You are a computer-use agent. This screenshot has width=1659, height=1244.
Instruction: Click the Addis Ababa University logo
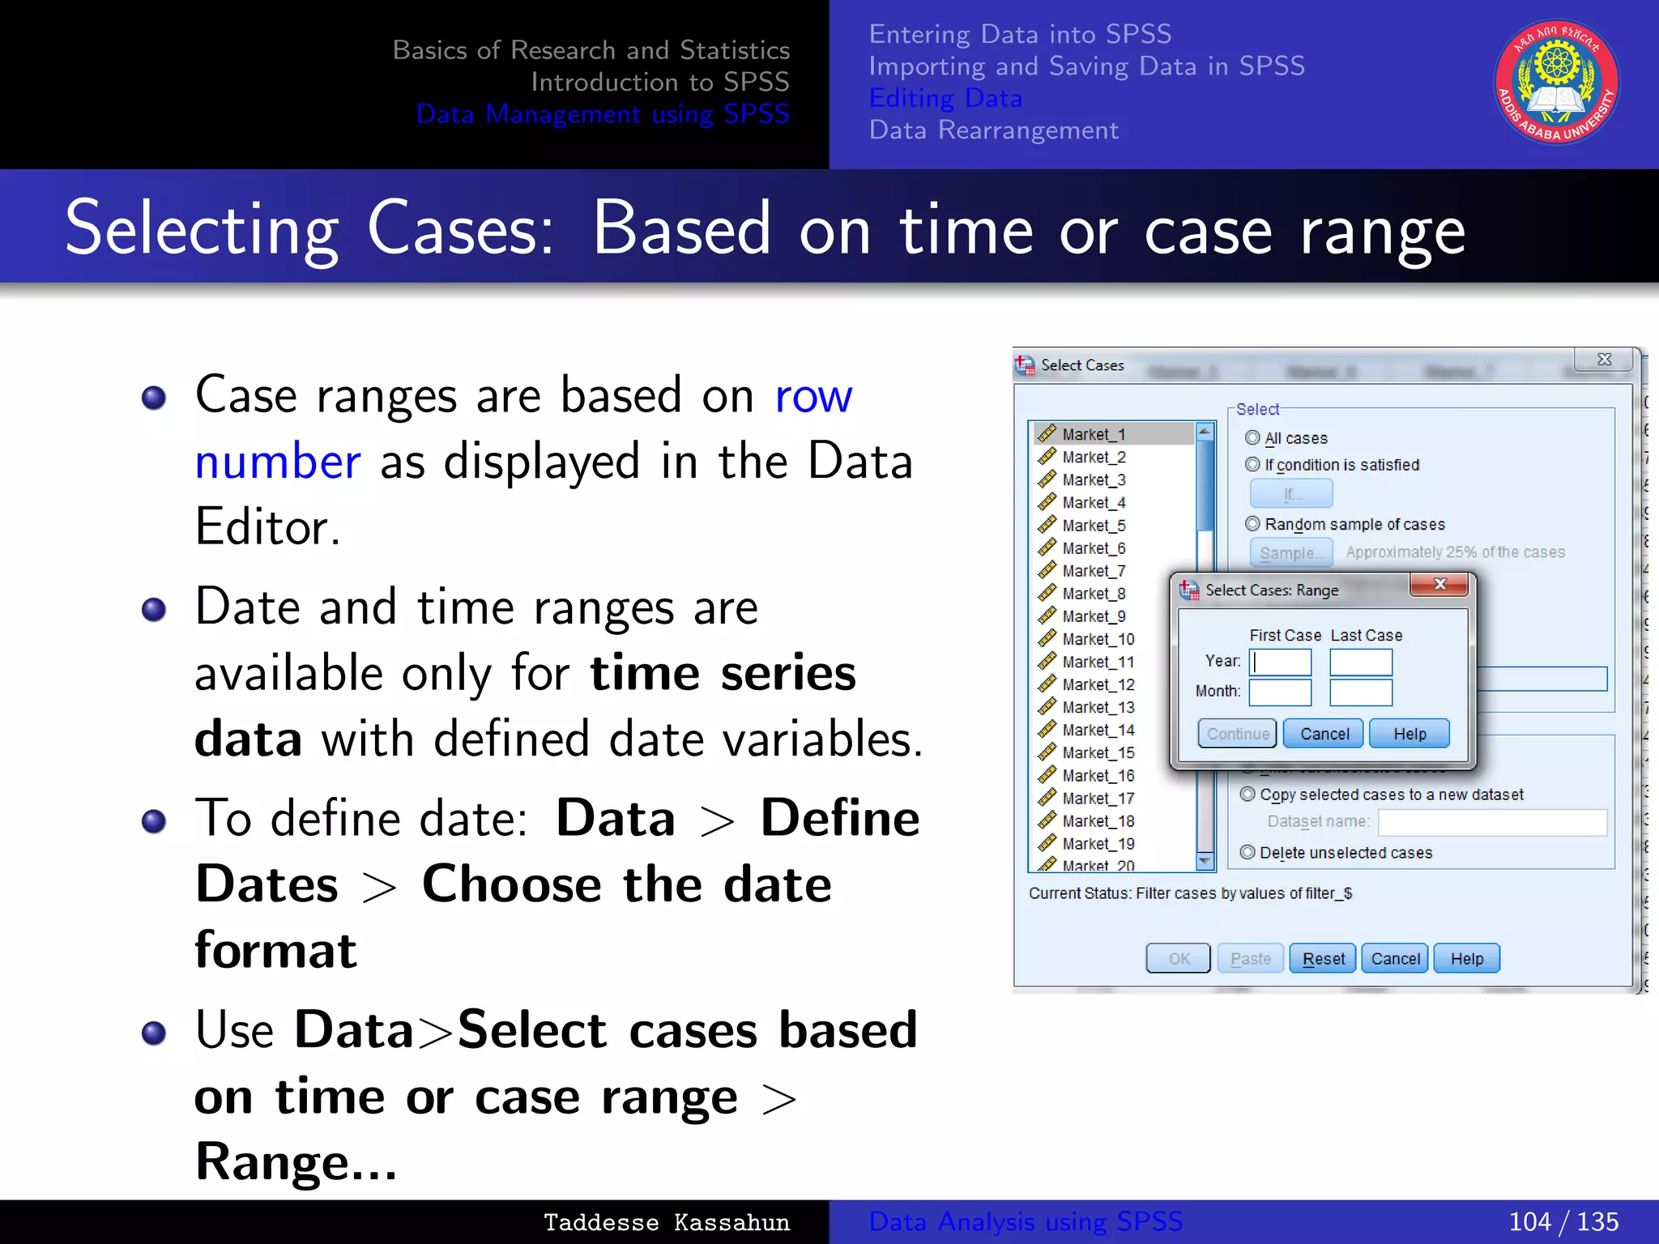(1556, 82)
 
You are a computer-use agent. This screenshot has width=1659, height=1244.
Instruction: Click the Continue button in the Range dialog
(1237, 734)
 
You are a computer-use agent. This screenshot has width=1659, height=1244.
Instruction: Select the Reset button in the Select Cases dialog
(1322, 959)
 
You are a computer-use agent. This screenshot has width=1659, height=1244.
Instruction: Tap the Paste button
(1250, 959)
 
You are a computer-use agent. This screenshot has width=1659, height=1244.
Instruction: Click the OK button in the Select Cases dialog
(1179, 959)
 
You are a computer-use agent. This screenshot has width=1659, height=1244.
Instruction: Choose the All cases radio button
(1253, 438)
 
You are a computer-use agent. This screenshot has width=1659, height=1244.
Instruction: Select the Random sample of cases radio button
(1253, 524)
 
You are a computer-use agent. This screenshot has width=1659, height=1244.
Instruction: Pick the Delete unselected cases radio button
(1248, 852)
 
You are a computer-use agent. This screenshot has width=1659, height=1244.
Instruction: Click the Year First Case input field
(1280, 662)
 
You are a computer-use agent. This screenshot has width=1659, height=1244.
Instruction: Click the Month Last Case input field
(1361, 692)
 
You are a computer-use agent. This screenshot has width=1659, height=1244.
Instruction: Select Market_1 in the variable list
(1094, 434)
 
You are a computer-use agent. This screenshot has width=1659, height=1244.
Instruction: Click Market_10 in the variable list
(1098, 639)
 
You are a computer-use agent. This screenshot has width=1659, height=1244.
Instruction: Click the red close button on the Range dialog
(1439, 585)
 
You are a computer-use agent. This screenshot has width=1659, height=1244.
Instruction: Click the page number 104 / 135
(1563, 1221)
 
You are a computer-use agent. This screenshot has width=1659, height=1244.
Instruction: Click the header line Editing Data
(945, 98)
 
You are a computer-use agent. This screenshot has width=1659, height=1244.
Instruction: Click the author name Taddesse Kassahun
(666, 1222)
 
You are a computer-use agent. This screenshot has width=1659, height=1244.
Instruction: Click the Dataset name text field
(1492, 822)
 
